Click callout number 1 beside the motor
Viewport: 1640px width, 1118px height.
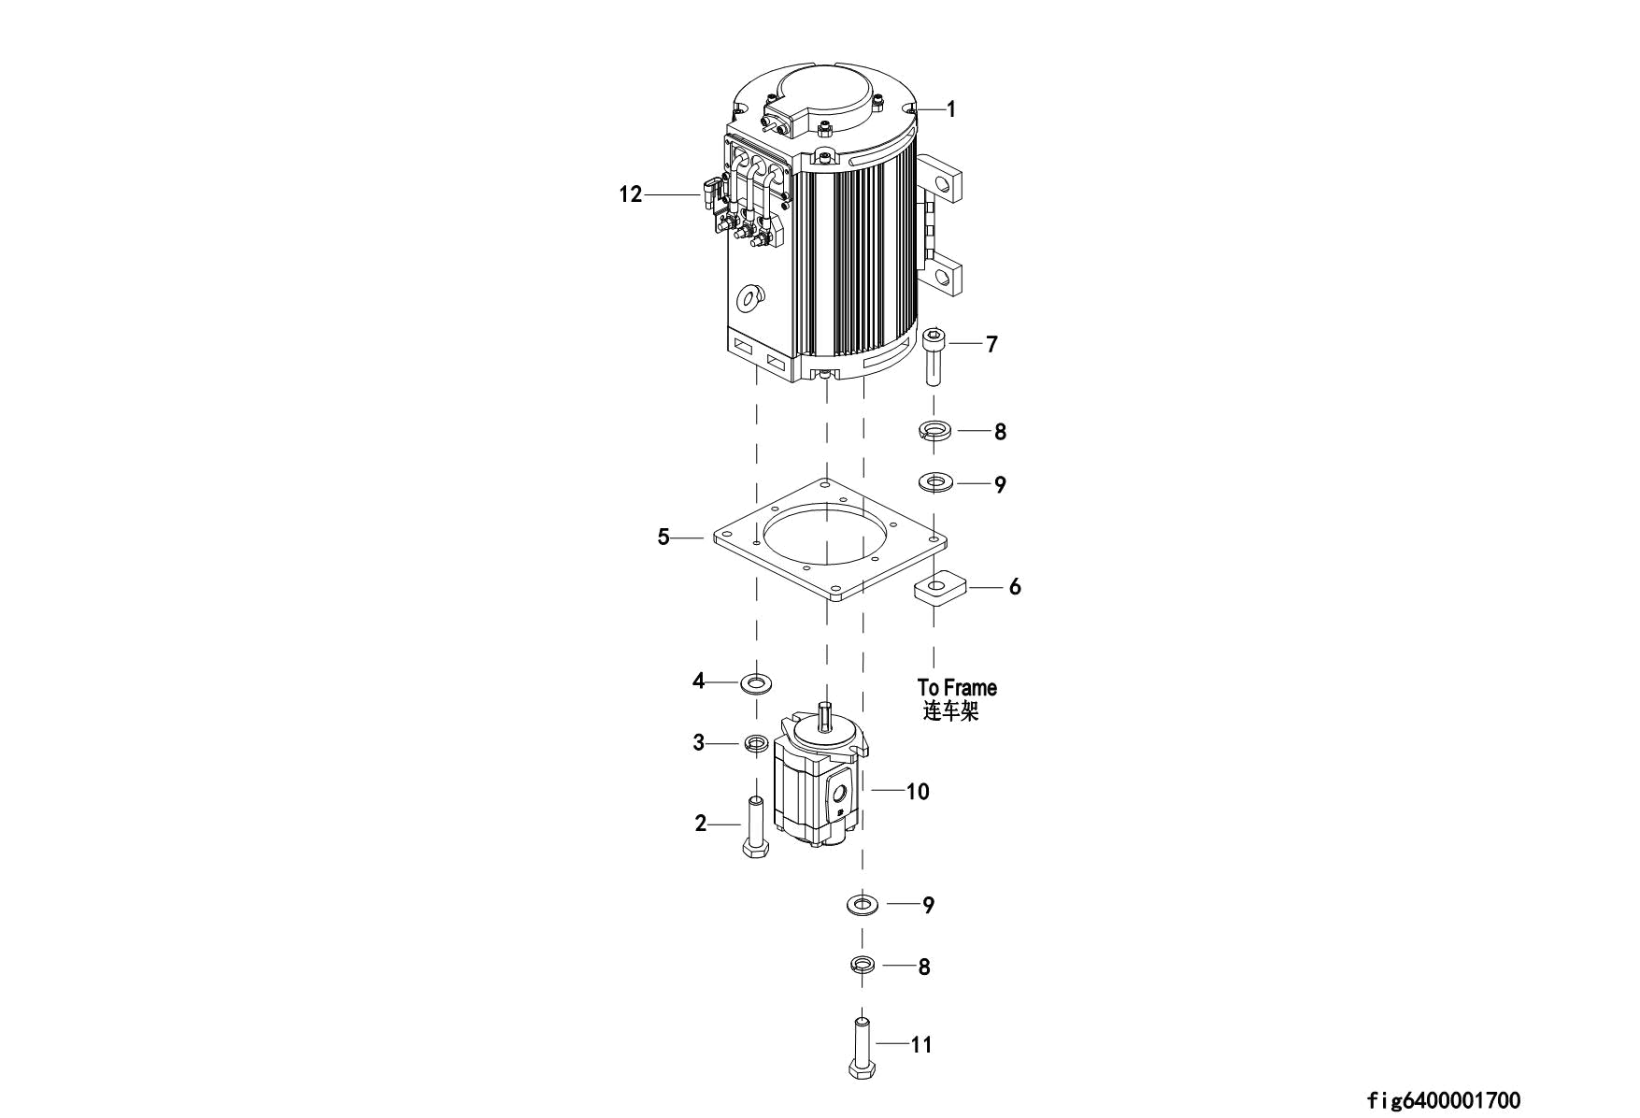click(x=950, y=109)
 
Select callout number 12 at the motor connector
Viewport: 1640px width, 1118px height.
click(x=631, y=194)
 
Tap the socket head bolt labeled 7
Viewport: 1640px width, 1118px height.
click(x=934, y=356)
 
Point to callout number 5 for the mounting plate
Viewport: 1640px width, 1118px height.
click(x=663, y=537)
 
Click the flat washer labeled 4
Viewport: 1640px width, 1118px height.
click(x=756, y=681)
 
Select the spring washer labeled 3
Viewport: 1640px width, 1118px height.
click(x=756, y=744)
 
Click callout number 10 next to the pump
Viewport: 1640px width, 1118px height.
click(x=918, y=792)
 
